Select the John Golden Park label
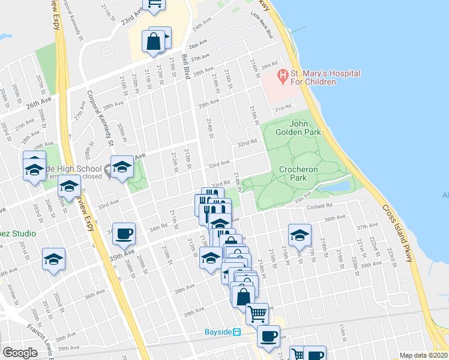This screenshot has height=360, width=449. point(298,127)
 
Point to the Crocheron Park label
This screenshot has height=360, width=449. point(298,174)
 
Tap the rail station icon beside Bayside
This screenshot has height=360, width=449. point(237,332)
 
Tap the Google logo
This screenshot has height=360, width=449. point(20,352)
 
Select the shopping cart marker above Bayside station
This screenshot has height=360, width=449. point(257,313)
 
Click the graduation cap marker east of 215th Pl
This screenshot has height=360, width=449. point(299,235)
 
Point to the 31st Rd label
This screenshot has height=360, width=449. point(283,109)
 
